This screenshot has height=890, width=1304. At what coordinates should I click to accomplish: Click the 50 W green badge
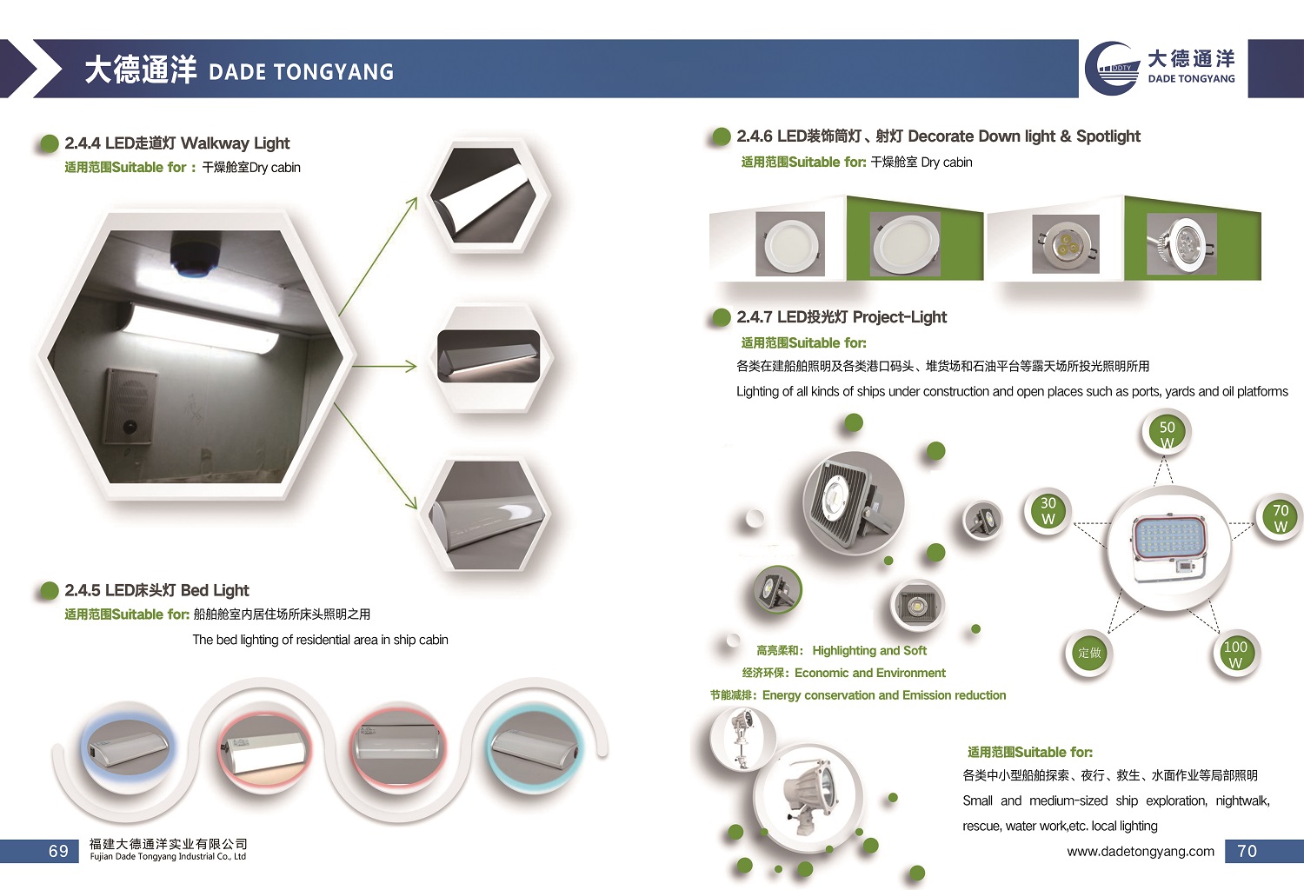[x=1167, y=433]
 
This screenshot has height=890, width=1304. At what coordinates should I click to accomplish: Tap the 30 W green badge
[x=1048, y=510]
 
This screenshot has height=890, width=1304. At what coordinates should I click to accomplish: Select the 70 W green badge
[x=1281, y=517]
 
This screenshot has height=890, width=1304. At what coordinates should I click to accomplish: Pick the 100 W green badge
[x=1235, y=653]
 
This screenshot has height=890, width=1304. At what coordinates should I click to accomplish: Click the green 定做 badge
[x=1088, y=653]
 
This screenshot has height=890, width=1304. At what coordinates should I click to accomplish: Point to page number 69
[x=58, y=851]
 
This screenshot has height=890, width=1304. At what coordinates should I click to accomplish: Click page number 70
[x=1247, y=851]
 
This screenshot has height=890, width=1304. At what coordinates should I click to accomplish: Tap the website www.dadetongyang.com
[x=1141, y=851]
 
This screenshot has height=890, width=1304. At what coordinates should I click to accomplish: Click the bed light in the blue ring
[x=128, y=747]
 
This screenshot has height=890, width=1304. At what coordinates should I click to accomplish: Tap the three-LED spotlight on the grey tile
[x=1065, y=244]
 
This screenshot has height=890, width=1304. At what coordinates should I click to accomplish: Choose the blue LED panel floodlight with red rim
[x=1169, y=547]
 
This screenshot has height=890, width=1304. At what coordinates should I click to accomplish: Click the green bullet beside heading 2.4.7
[x=722, y=317]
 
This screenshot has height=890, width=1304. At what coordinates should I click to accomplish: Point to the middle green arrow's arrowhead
[x=411, y=366]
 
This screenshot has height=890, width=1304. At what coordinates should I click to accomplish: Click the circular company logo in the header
[x=1113, y=69]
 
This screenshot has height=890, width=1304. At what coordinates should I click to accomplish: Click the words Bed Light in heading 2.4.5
[x=215, y=590]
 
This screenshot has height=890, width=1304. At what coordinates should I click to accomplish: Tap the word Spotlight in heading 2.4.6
[x=1108, y=136]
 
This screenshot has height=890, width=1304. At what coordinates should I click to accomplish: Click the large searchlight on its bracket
[x=809, y=793]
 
